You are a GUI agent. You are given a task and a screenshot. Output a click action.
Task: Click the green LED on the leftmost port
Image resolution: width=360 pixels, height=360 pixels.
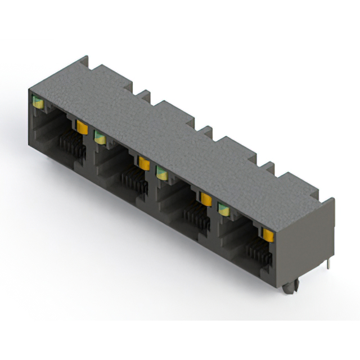point(38,102)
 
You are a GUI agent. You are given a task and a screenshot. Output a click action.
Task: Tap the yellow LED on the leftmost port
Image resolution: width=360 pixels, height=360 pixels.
point(82,127)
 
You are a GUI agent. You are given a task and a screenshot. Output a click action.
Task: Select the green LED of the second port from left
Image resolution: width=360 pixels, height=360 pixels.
point(100,137)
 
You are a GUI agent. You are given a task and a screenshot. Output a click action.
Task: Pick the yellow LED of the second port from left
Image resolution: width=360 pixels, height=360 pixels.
point(144,163)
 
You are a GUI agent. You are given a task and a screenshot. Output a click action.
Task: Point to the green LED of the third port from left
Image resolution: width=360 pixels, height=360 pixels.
point(162,173)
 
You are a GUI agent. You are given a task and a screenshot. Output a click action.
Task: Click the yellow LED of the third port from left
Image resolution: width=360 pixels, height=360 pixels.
point(206,199)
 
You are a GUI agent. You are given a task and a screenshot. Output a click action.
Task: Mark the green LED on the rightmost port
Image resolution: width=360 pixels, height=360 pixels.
point(224,209)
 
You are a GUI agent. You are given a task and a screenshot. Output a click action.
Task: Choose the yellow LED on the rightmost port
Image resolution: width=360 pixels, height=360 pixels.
point(268,234)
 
